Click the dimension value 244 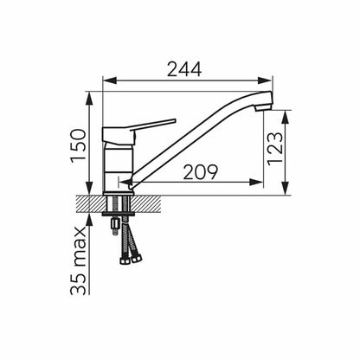184,69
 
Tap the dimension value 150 79,146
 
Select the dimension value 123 275,149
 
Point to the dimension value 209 201,172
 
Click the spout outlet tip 263,108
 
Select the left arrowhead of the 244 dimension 110,80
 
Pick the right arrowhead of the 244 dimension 266,80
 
